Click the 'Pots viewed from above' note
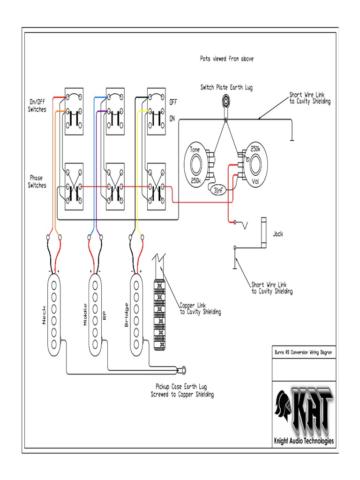(x=227, y=59)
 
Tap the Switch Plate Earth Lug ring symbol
(x=226, y=100)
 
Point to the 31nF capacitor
(x=218, y=191)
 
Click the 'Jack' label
(x=278, y=233)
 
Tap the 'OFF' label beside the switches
(x=173, y=102)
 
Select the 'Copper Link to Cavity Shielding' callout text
(x=200, y=308)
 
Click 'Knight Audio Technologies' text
(x=303, y=441)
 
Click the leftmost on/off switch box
(x=74, y=112)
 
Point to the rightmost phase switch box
(x=156, y=187)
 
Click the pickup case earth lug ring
(x=184, y=371)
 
